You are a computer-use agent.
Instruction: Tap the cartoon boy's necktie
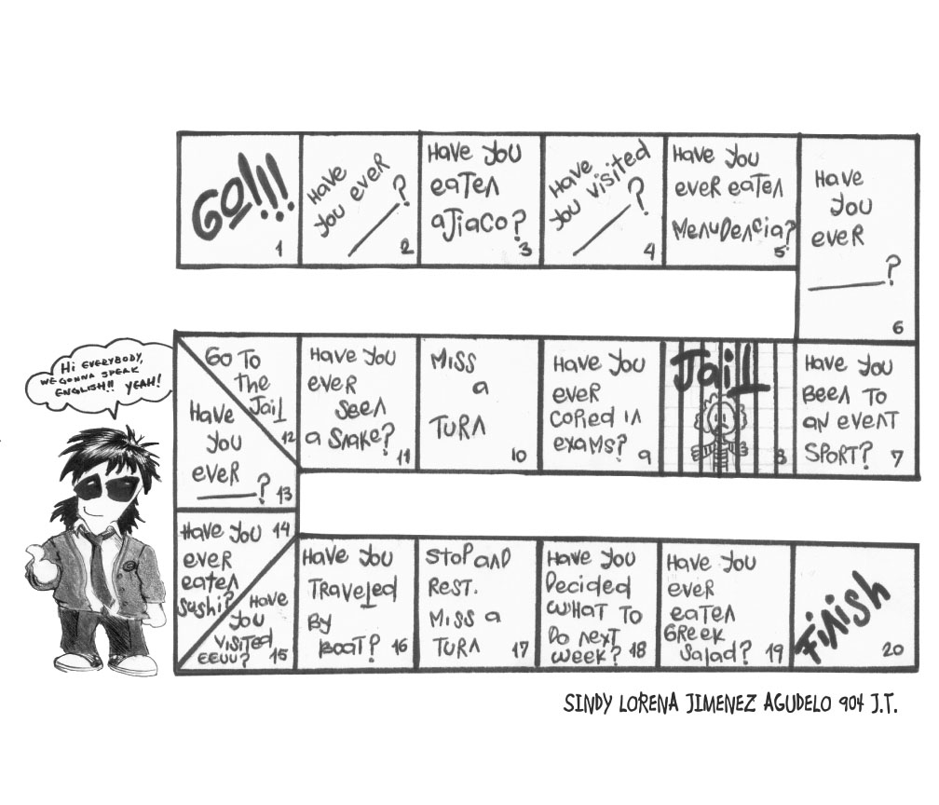click(x=98, y=568)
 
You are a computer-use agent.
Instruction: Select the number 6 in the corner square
click(x=897, y=327)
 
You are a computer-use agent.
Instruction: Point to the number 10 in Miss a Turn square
click(x=519, y=456)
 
